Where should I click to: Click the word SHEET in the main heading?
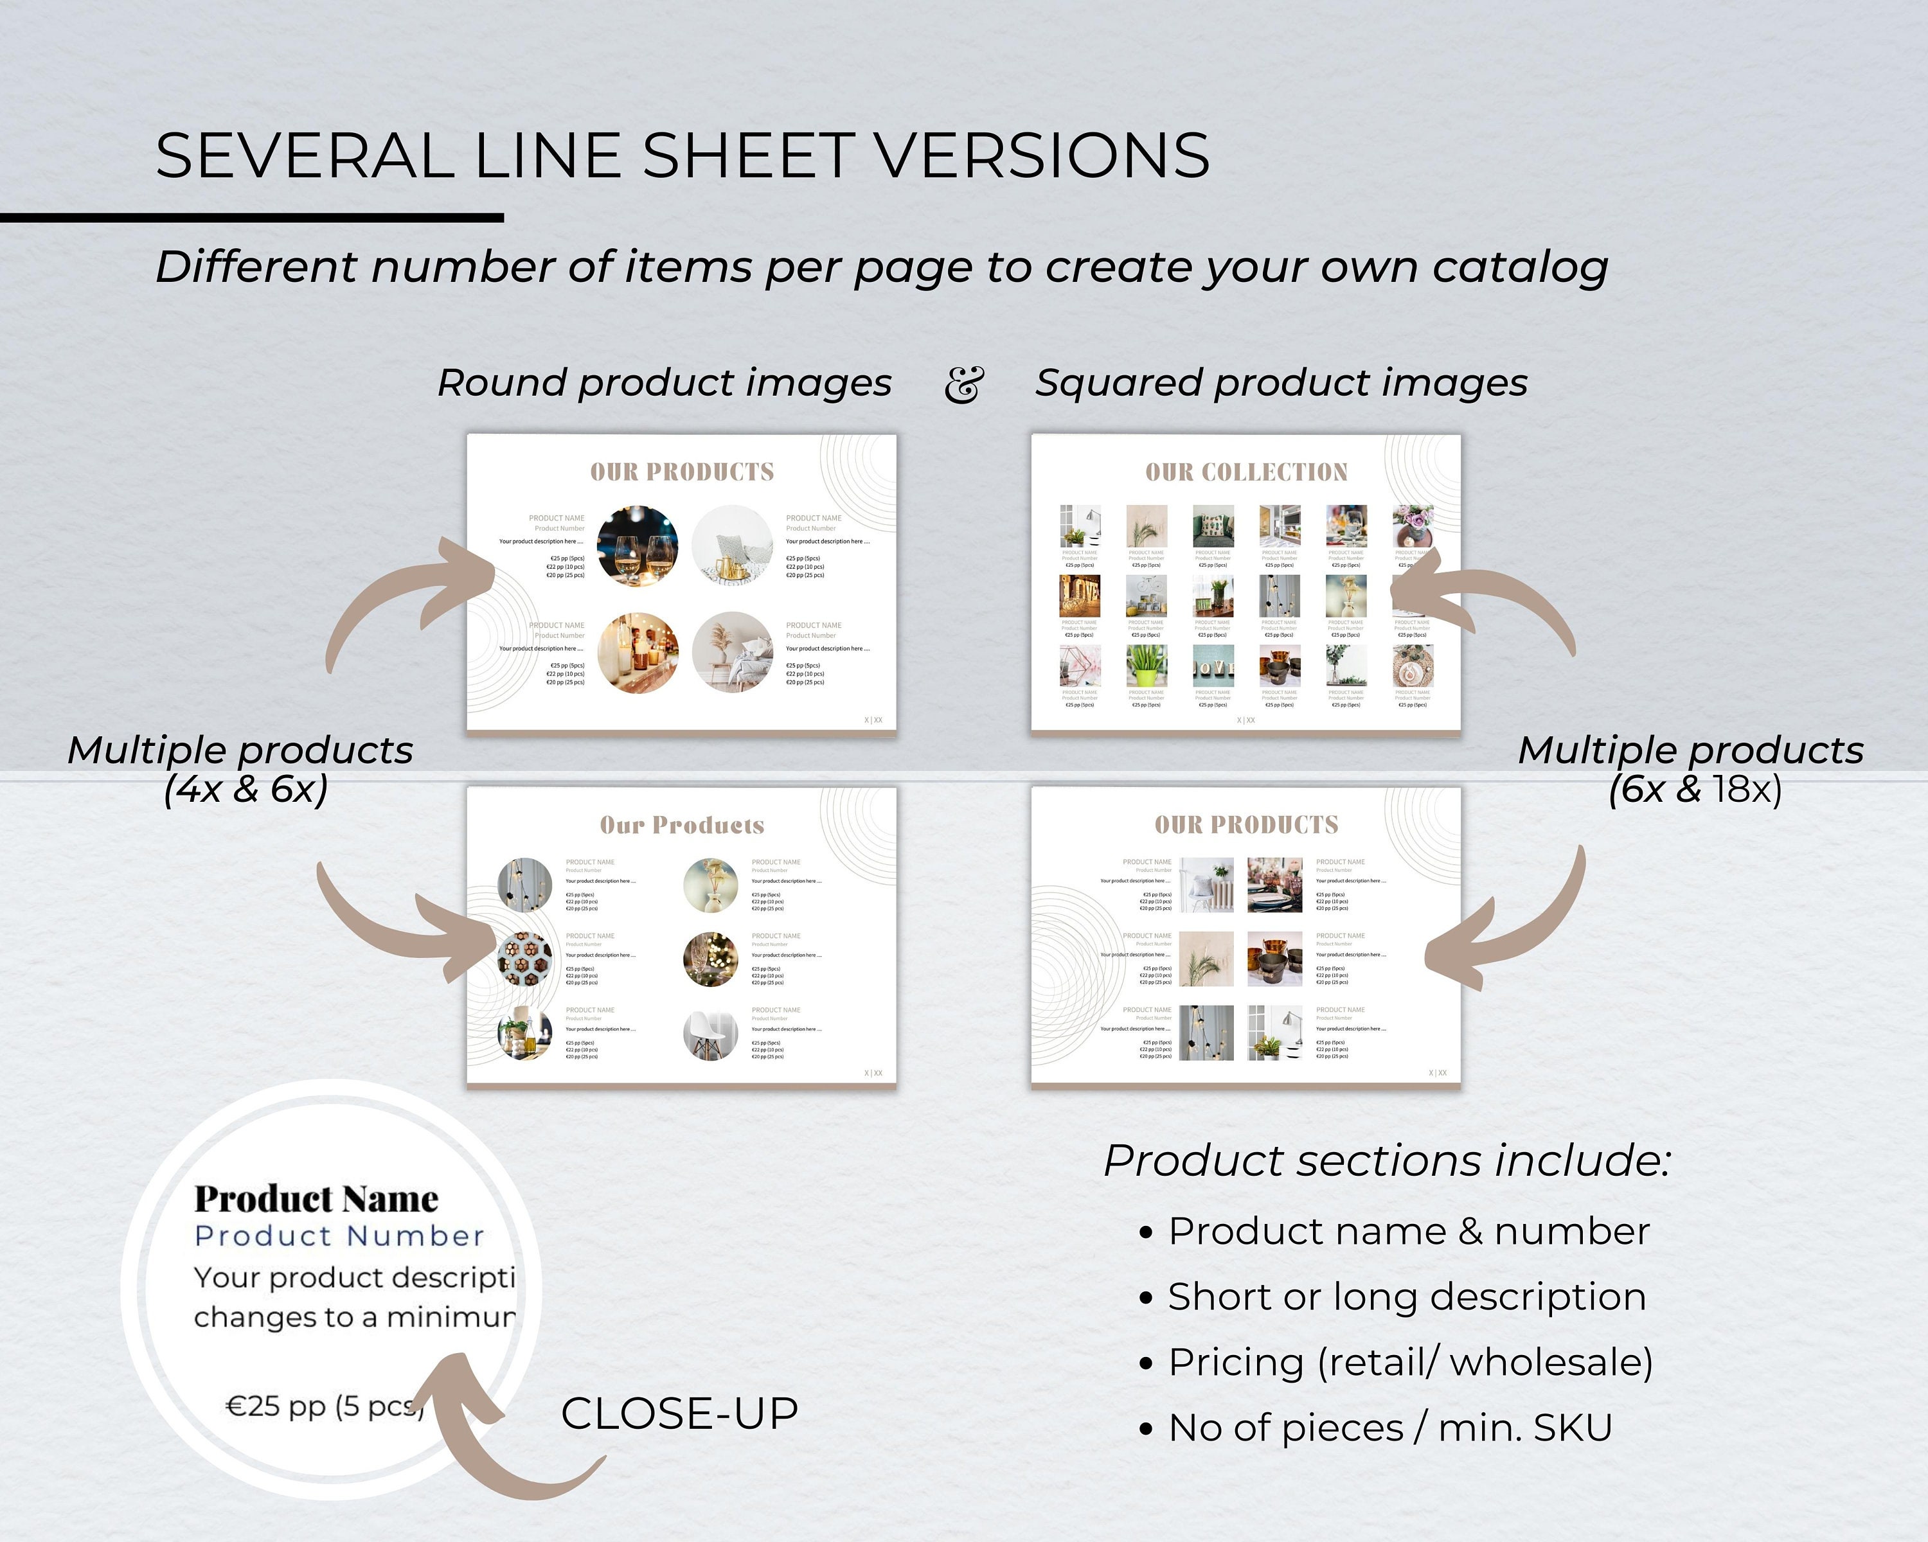pos(747,155)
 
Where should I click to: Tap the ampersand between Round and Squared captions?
pos(963,384)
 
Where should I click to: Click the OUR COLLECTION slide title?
pos(1245,472)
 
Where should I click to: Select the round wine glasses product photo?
pos(637,545)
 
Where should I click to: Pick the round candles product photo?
pos(637,653)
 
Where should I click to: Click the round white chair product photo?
pos(711,1035)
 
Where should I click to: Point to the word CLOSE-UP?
pos(679,1413)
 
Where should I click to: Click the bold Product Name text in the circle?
pos(316,1199)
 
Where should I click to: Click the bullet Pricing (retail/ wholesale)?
pos(1409,1361)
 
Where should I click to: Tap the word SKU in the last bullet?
pos(1573,1428)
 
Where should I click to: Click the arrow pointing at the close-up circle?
pos(501,1439)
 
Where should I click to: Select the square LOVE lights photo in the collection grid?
pos(1079,596)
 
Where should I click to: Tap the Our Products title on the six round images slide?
pos(681,825)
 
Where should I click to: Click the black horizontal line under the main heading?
pos(251,217)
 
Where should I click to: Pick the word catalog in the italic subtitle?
pos(1519,267)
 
